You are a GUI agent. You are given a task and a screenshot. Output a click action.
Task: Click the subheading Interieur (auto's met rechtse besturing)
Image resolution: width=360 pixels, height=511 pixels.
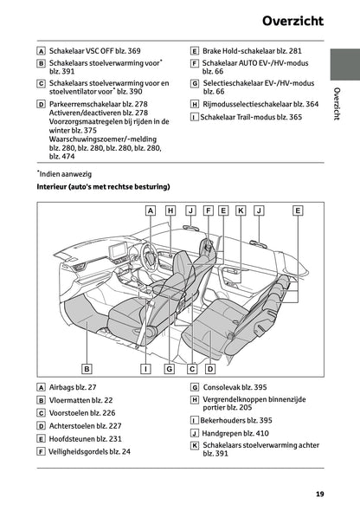click(103, 186)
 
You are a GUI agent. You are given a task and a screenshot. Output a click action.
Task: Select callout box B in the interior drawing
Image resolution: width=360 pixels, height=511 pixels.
click(87, 368)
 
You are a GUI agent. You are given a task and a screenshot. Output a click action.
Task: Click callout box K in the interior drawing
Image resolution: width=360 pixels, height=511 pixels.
click(241, 210)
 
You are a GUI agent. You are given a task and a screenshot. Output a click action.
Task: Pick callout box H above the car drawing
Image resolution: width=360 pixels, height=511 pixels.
click(170, 210)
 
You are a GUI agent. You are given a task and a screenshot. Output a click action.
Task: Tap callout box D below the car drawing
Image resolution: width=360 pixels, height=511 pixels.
click(210, 368)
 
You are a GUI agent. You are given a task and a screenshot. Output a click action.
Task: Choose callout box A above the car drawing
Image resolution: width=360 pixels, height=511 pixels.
click(150, 210)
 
